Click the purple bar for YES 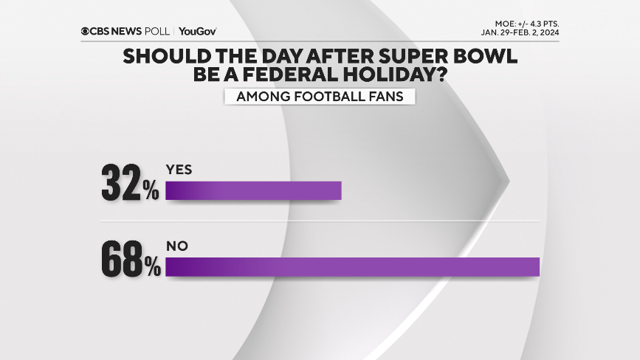[253, 190]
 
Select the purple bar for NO [353, 267]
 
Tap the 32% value [131, 184]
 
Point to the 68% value [131, 260]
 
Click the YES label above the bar [179, 170]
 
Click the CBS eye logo [86, 31]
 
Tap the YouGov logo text [197, 31]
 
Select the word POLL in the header [160, 31]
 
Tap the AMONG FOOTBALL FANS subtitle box [320, 96]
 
